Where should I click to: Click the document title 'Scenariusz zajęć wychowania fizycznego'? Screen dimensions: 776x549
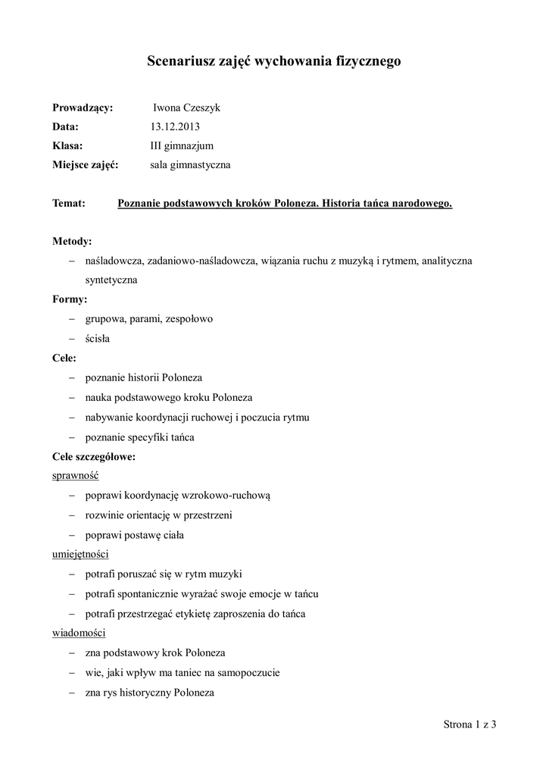click(x=273, y=62)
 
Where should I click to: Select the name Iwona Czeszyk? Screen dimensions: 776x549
click(x=186, y=108)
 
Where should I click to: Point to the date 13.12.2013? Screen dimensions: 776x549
click(x=175, y=127)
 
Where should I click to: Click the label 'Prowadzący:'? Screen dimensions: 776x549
click(x=83, y=108)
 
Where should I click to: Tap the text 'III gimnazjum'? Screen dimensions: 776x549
click(x=182, y=145)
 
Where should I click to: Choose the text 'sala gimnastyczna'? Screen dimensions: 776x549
click(x=190, y=164)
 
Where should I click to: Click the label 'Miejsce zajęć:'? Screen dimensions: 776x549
click(x=86, y=164)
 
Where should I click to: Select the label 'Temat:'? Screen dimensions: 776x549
click(x=69, y=204)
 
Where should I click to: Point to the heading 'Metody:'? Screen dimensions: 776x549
click(x=72, y=242)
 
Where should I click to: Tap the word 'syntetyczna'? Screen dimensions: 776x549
click(x=111, y=280)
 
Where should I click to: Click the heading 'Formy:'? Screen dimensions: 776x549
click(x=70, y=299)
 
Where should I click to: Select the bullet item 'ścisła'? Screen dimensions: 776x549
click(x=98, y=339)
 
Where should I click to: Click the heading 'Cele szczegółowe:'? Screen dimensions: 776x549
click(x=94, y=457)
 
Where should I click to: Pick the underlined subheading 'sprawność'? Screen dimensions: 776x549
click(x=76, y=476)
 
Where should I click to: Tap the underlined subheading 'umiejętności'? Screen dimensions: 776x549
click(x=81, y=554)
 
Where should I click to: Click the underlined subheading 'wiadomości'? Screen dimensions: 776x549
click(x=79, y=632)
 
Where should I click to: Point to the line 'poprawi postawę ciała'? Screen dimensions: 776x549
click(x=134, y=534)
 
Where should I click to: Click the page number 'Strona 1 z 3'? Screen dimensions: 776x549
click(x=469, y=725)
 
